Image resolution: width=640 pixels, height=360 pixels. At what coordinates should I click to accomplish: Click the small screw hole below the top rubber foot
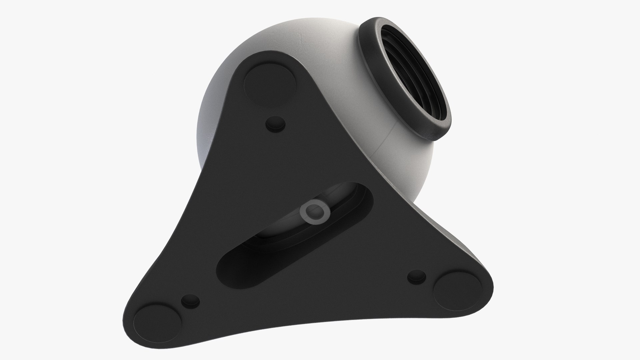pos(276,124)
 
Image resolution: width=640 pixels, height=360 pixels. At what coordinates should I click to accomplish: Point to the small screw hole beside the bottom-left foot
pos(190,302)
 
